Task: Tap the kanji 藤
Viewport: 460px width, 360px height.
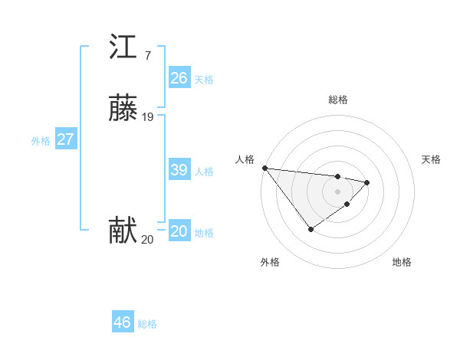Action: pyautogui.click(x=123, y=110)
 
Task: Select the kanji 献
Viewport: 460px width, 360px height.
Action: pyautogui.click(x=123, y=231)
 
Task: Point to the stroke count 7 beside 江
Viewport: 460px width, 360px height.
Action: pyautogui.click(x=147, y=55)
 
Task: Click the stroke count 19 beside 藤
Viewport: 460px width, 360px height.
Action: pyautogui.click(x=148, y=117)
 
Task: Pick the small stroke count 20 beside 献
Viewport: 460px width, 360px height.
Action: pyautogui.click(x=147, y=240)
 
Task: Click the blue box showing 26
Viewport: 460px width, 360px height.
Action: pyautogui.click(x=179, y=78)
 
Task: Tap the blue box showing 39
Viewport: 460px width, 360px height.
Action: pyautogui.click(x=179, y=170)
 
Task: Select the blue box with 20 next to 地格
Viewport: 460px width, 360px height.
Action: pyautogui.click(x=179, y=231)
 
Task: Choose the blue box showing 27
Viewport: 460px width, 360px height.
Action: pyautogui.click(x=65, y=139)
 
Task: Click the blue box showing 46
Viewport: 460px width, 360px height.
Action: pyautogui.click(x=123, y=322)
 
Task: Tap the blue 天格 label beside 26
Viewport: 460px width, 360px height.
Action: pyautogui.click(x=204, y=80)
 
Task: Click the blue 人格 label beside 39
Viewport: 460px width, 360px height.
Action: pyautogui.click(x=204, y=172)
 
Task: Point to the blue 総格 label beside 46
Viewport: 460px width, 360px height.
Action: pyautogui.click(x=147, y=324)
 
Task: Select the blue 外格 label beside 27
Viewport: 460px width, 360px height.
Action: pyautogui.click(x=40, y=141)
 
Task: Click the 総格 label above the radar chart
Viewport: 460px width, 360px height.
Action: pyautogui.click(x=338, y=100)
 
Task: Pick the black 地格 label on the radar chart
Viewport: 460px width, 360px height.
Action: pyautogui.click(x=402, y=262)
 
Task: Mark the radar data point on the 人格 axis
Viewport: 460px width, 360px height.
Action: pyautogui.click(x=264, y=168)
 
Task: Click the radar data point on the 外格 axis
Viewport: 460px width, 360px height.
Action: pyautogui.click(x=310, y=229)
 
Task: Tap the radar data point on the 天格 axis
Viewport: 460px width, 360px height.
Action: pyautogui.click(x=368, y=182)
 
